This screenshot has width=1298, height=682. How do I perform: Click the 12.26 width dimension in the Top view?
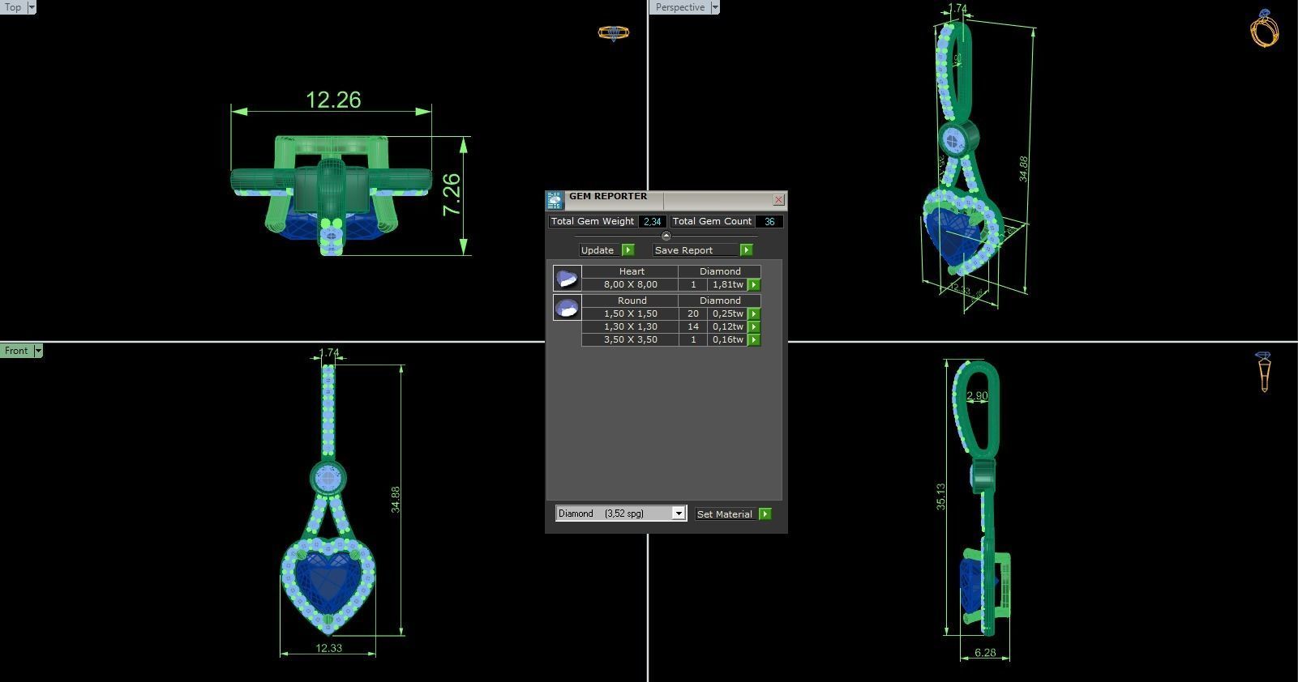333,100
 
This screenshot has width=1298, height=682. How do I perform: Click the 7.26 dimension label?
452,195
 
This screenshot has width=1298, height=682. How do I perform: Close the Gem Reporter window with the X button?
778,199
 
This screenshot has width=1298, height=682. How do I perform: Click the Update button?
598,250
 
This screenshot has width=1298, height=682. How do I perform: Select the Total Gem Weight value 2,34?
652,221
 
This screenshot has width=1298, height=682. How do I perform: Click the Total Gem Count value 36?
769,221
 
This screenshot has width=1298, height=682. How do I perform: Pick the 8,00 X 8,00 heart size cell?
630,284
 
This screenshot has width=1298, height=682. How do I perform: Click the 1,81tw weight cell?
727,284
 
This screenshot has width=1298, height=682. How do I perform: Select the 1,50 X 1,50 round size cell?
630,313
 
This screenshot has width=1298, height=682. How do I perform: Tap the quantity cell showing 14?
692,326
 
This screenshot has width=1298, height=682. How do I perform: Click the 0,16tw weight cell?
727,339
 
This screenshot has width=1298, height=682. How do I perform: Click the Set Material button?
725,514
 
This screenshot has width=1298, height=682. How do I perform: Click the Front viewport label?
16,351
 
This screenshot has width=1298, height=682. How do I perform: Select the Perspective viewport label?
679,7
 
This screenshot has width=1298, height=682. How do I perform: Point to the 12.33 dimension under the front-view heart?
328,648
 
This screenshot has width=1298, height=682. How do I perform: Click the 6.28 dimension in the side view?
985,653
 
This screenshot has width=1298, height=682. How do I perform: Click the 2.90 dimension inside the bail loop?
977,396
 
